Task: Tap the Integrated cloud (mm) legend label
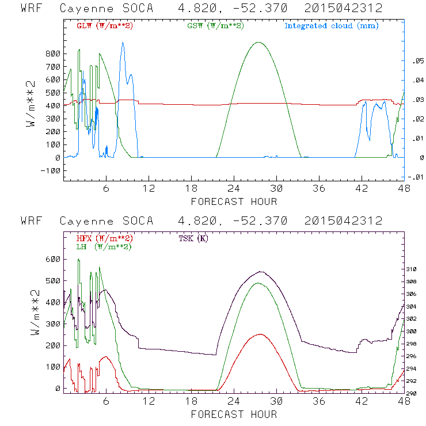point(331,25)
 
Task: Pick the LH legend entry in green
point(104,246)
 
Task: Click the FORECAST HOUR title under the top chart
point(234,201)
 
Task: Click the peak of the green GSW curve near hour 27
point(259,42)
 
